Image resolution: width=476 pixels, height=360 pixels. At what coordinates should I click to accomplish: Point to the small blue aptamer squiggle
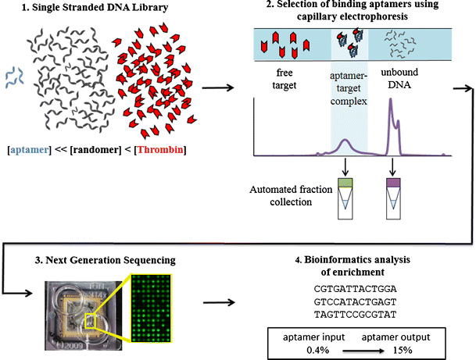tap(14, 76)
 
